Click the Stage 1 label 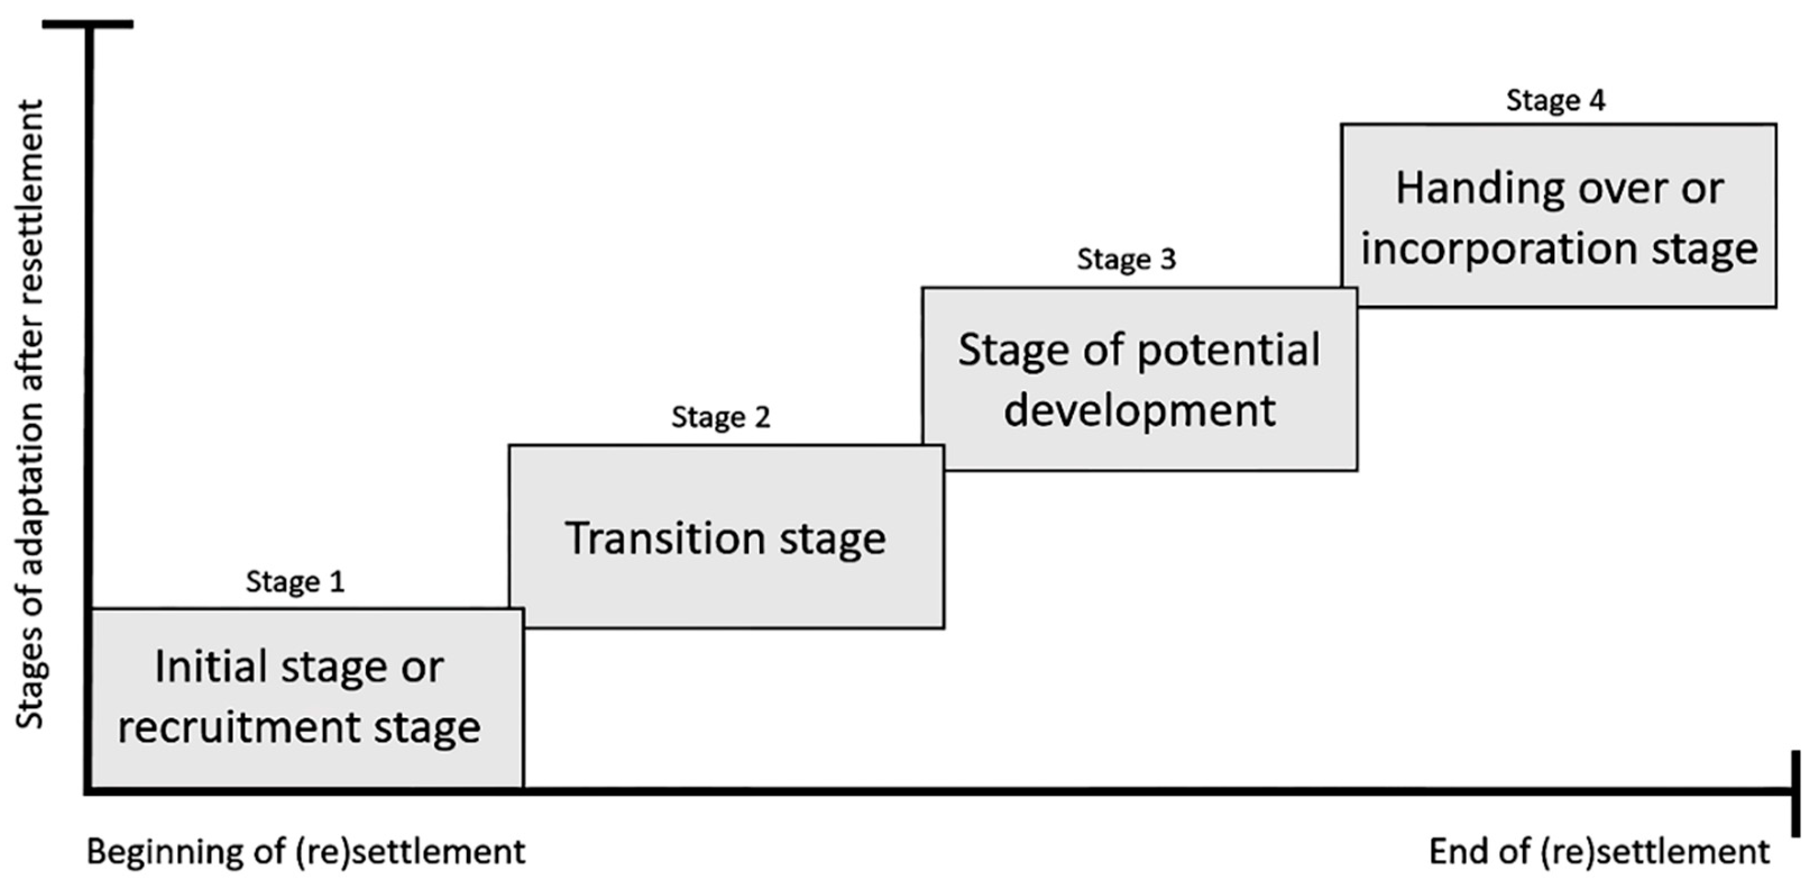[x=295, y=582]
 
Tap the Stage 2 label [x=720, y=417]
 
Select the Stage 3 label [x=1126, y=259]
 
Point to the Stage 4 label [x=1555, y=100]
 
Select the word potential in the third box [x=1229, y=350]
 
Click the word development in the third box [x=1140, y=411]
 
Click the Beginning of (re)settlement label [x=306, y=851]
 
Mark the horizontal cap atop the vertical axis [x=88, y=25]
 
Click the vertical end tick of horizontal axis [x=1795, y=792]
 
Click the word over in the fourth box [x=1634, y=190]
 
